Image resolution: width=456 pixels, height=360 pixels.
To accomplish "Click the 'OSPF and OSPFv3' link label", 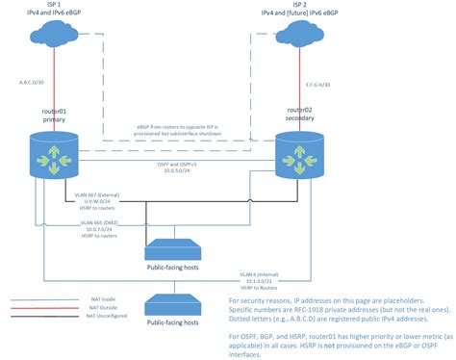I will pyautogui.click(x=180, y=165).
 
